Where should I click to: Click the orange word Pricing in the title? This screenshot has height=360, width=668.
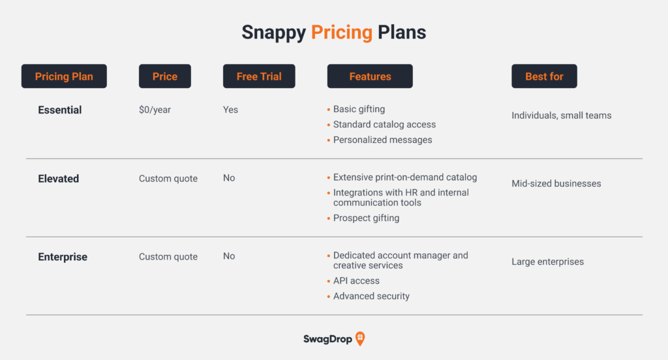(x=342, y=33)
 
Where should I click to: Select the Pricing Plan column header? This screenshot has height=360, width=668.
(x=64, y=76)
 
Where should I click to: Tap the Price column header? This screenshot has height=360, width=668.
(x=165, y=76)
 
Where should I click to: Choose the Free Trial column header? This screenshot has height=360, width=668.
(x=259, y=76)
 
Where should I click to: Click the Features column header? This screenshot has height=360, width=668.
(x=370, y=76)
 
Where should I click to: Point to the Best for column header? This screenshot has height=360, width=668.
(x=545, y=76)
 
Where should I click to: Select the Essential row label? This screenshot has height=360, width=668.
(x=59, y=110)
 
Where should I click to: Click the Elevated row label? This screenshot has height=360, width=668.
(x=58, y=179)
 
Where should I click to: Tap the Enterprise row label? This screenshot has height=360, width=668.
(x=63, y=257)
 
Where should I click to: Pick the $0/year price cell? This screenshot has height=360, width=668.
(x=155, y=110)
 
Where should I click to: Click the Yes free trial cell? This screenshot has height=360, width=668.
(x=230, y=110)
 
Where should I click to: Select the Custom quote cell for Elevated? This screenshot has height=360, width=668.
(x=168, y=179)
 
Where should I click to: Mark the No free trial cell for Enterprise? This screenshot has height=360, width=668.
(x=229, y=256)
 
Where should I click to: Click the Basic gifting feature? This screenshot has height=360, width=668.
(x=359, y=109)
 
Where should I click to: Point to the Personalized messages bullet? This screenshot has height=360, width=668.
(x=382, y=140)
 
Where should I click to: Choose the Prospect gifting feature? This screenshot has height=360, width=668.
(x=367, y=218)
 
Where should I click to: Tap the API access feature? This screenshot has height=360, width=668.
(x=356, y=280)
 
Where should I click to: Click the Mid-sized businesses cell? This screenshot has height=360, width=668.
(x=556, y=184)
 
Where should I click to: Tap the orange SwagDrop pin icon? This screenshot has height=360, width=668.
(x=360, y=338)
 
